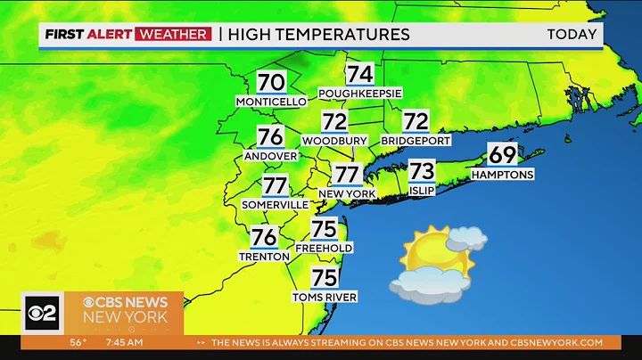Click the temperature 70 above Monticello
pyautogui.click(x=271, y=83)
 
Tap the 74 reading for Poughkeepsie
pyautogui.click(x=360, y=74)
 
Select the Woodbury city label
pyautogui.click(x=334, y=141)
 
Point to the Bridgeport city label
pyautogui.click(x=416, y=141)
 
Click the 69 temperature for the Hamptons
pyautogui.click(x=503, y=155)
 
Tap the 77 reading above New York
pyautogui.click(x=347, y=175)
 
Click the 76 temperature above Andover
pyautogui.click(x=270, y=136)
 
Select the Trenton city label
pyautogui.click(x=264, y=257)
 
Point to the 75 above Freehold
pyautogui.click(x=325, y=228)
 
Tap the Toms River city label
pyautogui.click(x=325, y=297)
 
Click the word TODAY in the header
pyautogui.click(x=572, y=35)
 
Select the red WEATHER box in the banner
pyautogui.click(x=173, y=35)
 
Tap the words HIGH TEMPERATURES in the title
pyautogui.click(x=319, y=35)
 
